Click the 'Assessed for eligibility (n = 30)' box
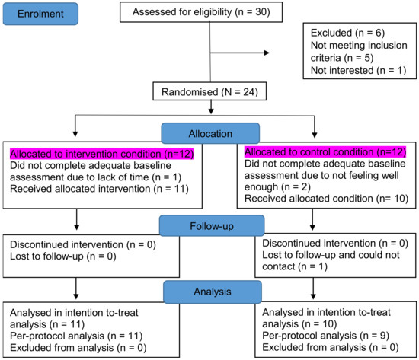tap(200, 13)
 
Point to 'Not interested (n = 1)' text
tap(357, 70)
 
